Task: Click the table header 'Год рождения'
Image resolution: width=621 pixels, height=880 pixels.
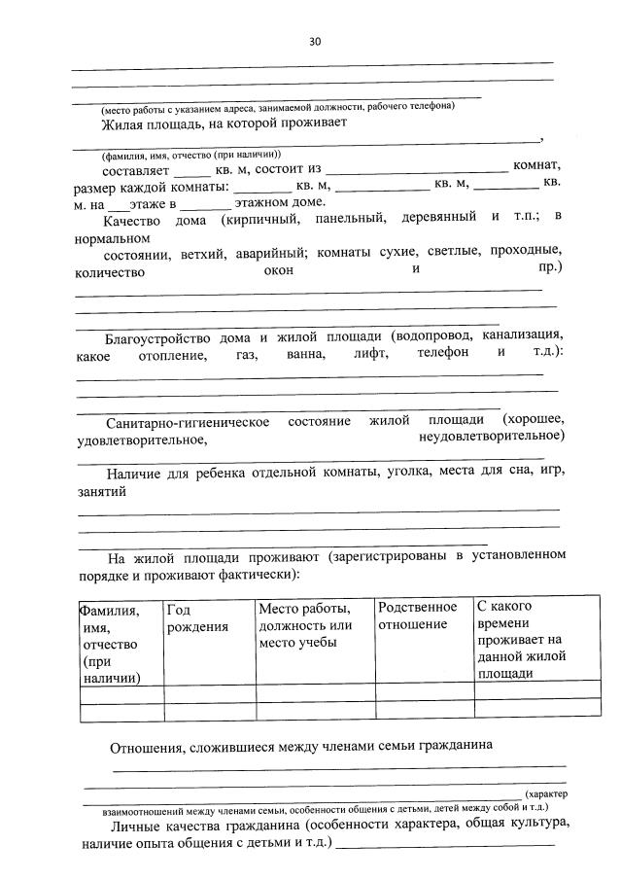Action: [x=197, y=617]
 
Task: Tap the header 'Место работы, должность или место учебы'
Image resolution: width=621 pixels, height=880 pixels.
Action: [x=304, y=625]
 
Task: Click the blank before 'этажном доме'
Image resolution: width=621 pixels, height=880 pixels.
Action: [x=205, y=202]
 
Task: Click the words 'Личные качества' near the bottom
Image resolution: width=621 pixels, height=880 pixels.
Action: [x=155, y=825]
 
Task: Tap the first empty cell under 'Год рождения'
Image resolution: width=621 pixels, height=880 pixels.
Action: [x=209, y=694]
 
